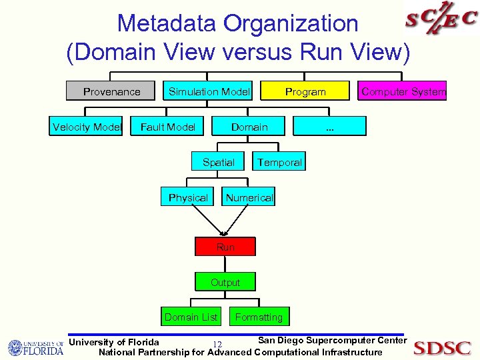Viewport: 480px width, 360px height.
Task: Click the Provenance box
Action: (111, 91)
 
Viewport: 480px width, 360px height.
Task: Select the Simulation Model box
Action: (209, 91)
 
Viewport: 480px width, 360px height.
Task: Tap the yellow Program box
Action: (305, 91)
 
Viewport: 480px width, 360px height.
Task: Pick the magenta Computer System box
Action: (403, 91)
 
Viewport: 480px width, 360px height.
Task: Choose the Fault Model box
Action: (168, 127)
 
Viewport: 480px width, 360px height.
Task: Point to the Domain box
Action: (249, 127)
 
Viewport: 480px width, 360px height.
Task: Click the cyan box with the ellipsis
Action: (329, 127)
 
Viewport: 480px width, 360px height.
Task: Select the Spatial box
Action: (218, 162)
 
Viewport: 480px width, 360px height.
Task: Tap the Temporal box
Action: (279, 162)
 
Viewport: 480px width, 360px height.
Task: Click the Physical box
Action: (188, 197)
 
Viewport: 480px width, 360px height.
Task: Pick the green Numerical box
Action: (249, 197)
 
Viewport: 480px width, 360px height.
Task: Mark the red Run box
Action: (225, 247)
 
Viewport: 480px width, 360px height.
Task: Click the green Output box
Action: (225, 282)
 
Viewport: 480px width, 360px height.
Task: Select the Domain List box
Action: (191, 317)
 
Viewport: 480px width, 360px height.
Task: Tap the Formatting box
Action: (259, 317)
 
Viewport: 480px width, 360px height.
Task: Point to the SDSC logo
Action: (441, 347)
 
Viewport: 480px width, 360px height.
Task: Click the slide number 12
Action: (216, 344)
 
